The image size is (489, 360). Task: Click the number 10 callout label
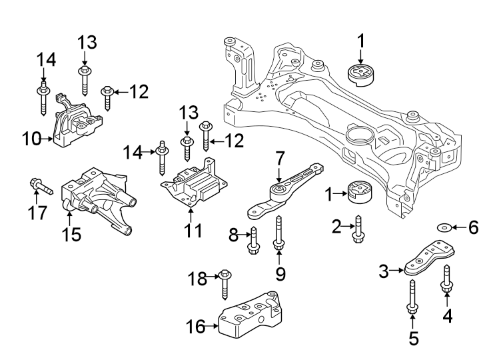pyautogui.click(x=32, y=139)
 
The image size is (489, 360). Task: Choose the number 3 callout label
pyautogui.click(x=384, y=270)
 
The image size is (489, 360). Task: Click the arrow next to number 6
pyautogui.click(x=458, y=229)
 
